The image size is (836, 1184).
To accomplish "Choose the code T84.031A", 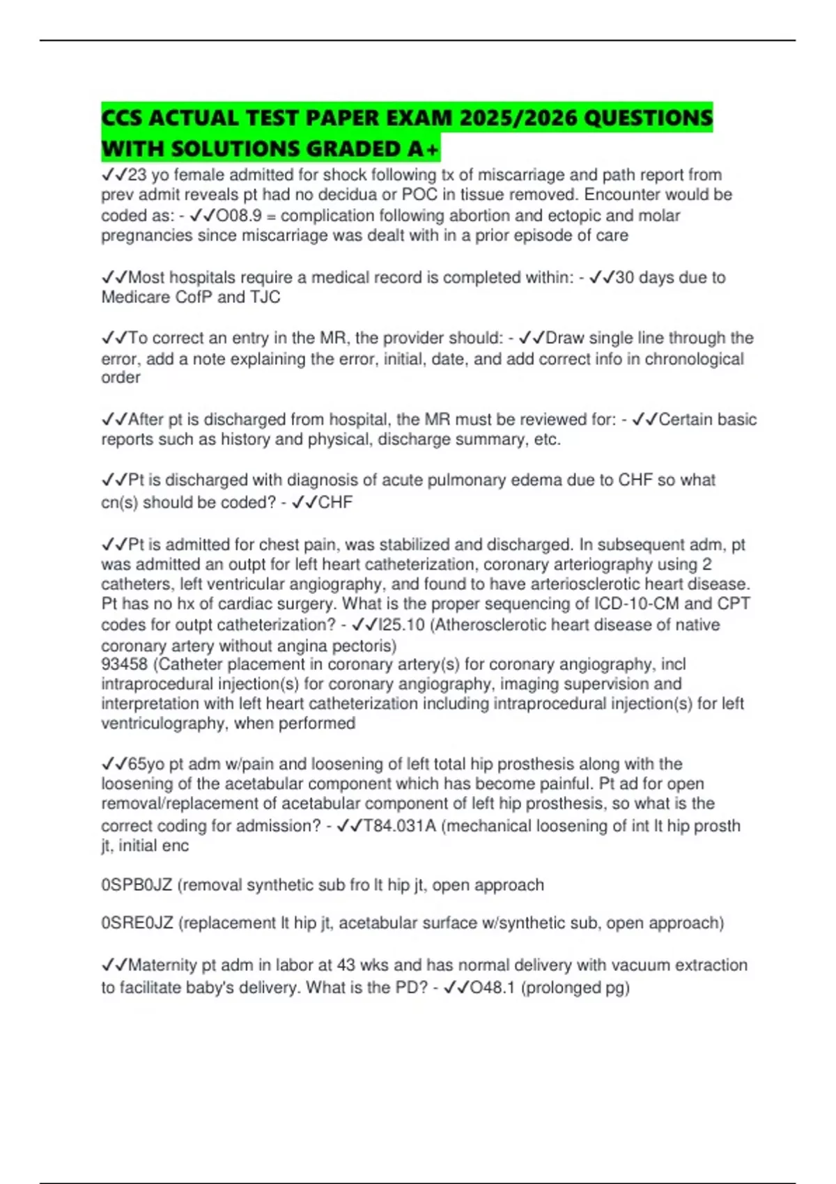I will tap(400, 825).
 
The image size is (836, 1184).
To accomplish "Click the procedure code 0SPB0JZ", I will tap(137, 885).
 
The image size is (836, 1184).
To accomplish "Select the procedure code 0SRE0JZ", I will tap(137, 923).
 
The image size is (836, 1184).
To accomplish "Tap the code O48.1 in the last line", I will tap(493, 988).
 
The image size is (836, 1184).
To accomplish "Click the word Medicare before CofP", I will tap(134, 297).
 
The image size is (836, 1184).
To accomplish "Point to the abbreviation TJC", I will tap(265, 297).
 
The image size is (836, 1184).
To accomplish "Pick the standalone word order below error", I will tap(121, 377).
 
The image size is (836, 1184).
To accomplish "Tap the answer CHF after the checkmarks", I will tap(335, 502).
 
